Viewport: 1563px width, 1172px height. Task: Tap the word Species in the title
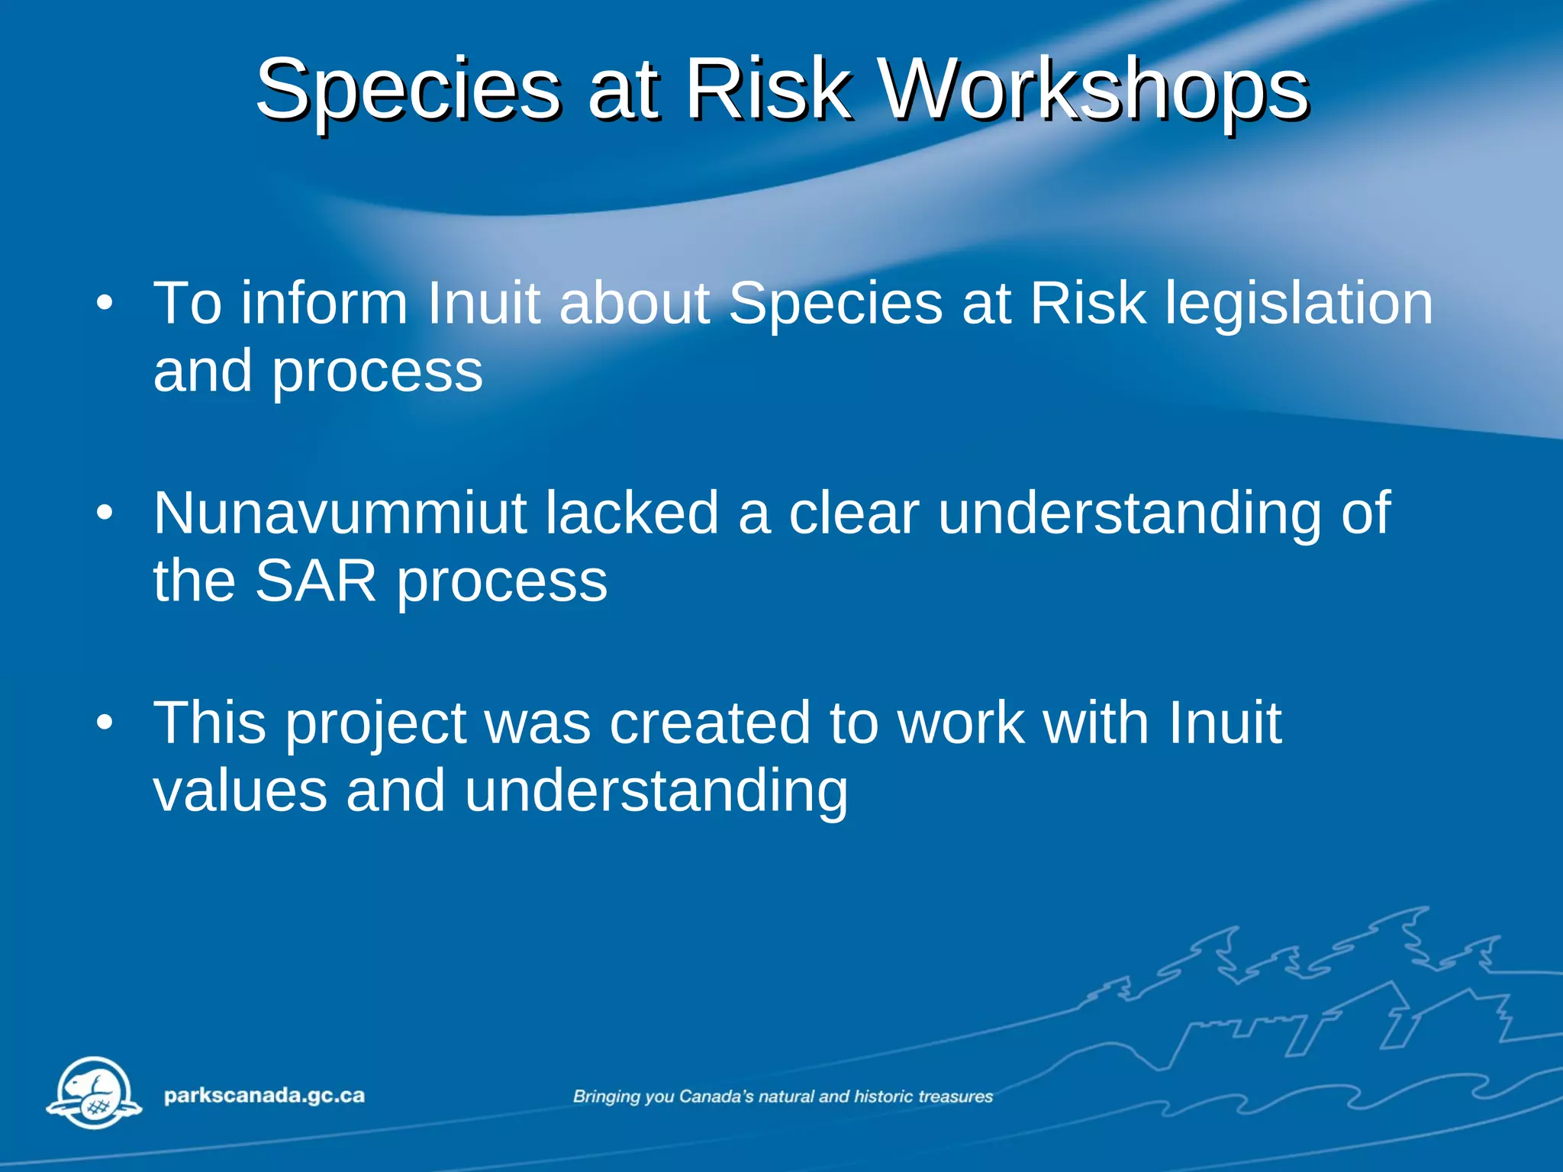(x=408, y=92)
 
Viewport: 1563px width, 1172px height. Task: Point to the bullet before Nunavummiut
(x=105, y=514)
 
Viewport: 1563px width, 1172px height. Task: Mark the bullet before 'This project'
(x=105, y=723)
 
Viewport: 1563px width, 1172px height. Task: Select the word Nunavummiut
(x=340, y=513)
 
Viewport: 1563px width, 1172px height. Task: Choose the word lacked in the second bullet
(x=631, y=513)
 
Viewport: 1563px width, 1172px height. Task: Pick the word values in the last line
(x=240, y=790)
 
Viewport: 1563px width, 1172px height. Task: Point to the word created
(x=709, y=723)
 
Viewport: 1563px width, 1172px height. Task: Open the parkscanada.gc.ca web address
(x=264, y=1096)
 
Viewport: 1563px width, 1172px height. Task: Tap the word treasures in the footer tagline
(x=955, y=1096)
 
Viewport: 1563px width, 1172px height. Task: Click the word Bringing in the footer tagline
(x=607, y=1097)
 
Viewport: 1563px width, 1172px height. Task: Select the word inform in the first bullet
(x=324, y=304)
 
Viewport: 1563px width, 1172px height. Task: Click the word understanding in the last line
(x=656, y=790)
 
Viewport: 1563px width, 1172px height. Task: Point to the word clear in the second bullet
(x=853, y=513)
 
